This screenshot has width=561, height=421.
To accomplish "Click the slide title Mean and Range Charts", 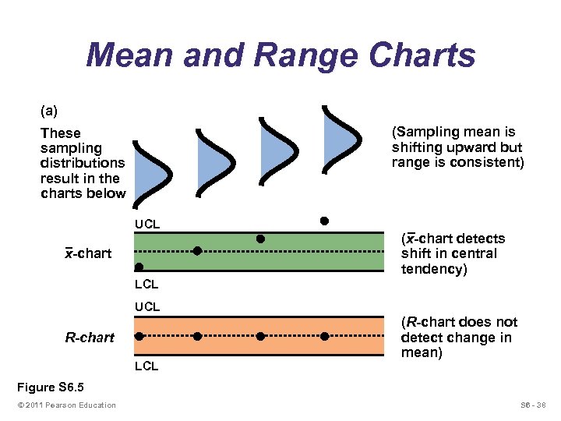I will tap(280, 56).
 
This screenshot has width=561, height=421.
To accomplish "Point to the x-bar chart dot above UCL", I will tap(324, 221).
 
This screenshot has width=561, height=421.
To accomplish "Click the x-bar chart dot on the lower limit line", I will tap(139, 267).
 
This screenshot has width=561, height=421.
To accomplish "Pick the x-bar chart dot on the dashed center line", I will tap(197, 251).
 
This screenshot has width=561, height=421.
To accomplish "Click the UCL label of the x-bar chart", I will tap(146, 225).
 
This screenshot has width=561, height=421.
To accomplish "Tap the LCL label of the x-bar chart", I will tap(146, 285).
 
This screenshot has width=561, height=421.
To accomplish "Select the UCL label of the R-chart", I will tap(146, 307).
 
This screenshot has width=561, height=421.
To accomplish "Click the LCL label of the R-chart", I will tap(146, 366).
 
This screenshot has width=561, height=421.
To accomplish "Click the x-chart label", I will tap(88, 253).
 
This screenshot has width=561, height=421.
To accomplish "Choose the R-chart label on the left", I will tap(90, 338).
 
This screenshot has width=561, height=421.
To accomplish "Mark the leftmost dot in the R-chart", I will tap(139, 336).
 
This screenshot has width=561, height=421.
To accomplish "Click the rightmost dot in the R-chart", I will tap(324, 336).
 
